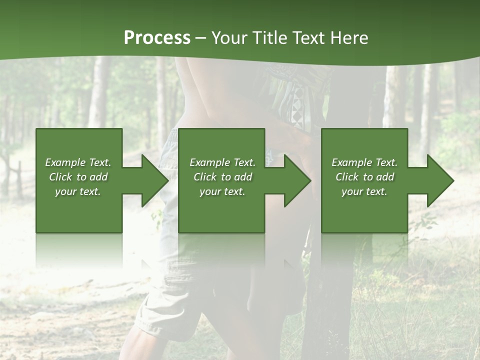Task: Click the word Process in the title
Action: pos(157,38)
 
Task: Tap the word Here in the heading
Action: pos(349,38)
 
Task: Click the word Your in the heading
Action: pos(229,38)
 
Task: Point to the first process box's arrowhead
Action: pos(154,180)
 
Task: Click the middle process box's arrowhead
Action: pos(297,180)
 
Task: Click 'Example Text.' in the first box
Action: pos(78,162)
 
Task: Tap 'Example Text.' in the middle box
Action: pos(222,162)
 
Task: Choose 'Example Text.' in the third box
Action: pos(364,162)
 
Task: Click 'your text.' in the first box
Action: pos(78,191)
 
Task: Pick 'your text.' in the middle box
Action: pos(222,191)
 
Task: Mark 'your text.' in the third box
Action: pos(364,191)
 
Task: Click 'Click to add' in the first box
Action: pos(78,177)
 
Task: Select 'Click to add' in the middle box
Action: pos(222,177)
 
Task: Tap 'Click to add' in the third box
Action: pos(364,177)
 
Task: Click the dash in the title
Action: pos(200,38)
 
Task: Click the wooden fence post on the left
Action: pos(19,175)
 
